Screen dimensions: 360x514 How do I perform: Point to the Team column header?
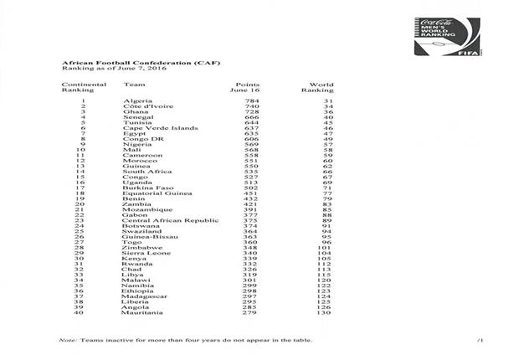tap(131, 85)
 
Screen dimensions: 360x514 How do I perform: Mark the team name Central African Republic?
tap(163, 219)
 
